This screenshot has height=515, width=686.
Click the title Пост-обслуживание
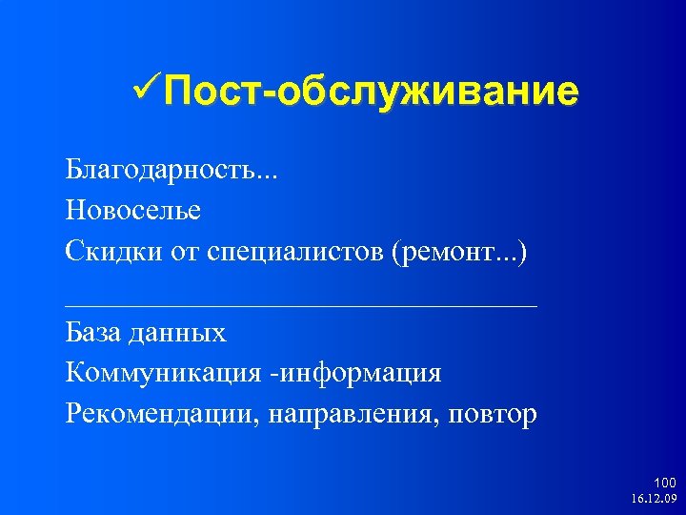(x=370, y=92)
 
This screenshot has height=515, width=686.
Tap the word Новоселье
(x=133, y=209)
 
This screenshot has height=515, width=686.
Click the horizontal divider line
(x=301, y=305)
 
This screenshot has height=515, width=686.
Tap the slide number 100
(x=665, y=483)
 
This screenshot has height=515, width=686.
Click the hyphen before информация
(x=273, y=374)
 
